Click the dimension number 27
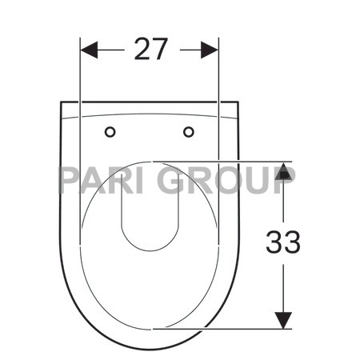[151, 49]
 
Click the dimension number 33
[282, 241]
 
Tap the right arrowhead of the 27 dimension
[210, 50]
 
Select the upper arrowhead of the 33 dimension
[283, 170]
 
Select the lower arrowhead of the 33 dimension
[283, 319]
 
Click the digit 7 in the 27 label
[162, 49]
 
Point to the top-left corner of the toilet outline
[62, 102]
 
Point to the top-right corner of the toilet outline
[238, 102]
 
